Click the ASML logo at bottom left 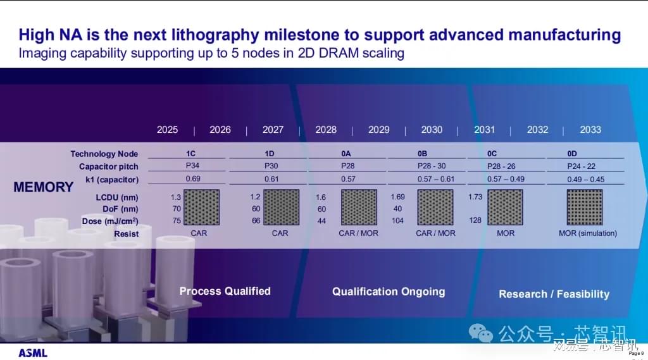33,353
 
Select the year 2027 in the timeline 273,130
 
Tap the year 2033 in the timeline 590,130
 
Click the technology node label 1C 190,154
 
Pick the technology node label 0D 572,154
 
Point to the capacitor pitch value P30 271,166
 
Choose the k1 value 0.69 193,178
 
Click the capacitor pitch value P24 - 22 581,166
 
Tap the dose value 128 475,220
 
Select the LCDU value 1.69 397,197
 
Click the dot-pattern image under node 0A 359,207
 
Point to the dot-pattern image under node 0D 585,207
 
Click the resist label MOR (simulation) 588,233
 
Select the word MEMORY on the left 44,187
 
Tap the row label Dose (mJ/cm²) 110,221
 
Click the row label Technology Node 104,154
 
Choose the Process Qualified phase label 225,291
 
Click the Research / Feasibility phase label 554,294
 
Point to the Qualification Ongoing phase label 389,292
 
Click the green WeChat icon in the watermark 480,333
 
